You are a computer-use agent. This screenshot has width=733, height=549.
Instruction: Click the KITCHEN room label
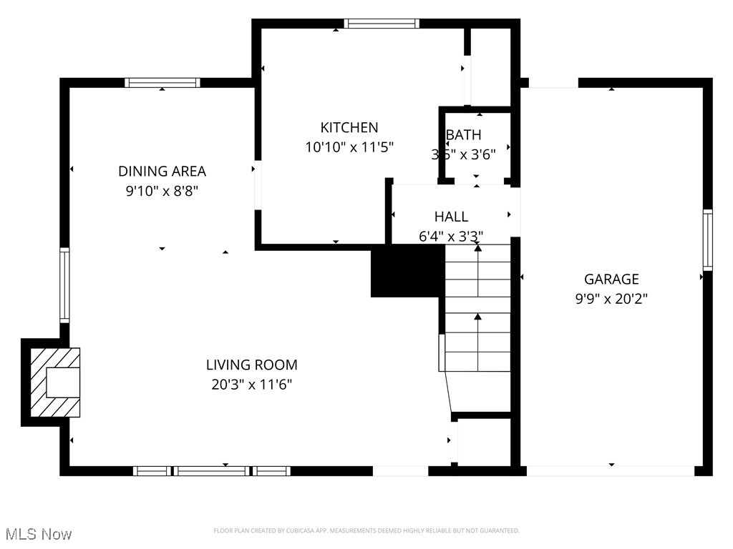tap(349, 128)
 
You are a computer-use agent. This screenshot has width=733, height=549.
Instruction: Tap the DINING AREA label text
tap(162, 172)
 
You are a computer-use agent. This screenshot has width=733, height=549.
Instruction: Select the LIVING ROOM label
tap(251, 365)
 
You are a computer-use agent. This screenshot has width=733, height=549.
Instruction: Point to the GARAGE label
tap(611, 280)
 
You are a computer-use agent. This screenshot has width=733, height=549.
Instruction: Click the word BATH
tap(464, 135)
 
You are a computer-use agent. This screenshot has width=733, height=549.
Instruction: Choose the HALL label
tap(451, 217)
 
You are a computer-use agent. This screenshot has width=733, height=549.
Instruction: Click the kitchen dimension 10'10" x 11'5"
tap(349, 148)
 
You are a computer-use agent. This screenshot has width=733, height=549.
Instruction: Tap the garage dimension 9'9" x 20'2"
tap(611, 299)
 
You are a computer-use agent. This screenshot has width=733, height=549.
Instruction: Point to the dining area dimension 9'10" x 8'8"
tap(162, 191)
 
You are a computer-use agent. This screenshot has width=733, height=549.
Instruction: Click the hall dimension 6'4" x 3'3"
tap(451, 236)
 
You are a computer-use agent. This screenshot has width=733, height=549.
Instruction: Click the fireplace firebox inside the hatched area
tap(62, 382)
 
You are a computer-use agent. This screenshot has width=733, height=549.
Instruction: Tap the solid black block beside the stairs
tap(407, 272)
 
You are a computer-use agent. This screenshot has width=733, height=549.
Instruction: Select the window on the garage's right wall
tap(707, 239)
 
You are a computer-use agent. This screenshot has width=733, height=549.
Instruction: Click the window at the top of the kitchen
tap(381, 24)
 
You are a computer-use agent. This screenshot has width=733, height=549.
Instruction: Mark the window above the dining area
tap(162, 83)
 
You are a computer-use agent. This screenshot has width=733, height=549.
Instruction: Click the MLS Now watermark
tap(38, 534)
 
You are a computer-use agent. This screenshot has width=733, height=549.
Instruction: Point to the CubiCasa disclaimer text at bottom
tap(366, 530)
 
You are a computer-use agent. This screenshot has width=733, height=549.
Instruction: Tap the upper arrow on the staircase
tap(477, 248)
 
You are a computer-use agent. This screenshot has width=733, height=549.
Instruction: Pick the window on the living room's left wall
tap(64, 285)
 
